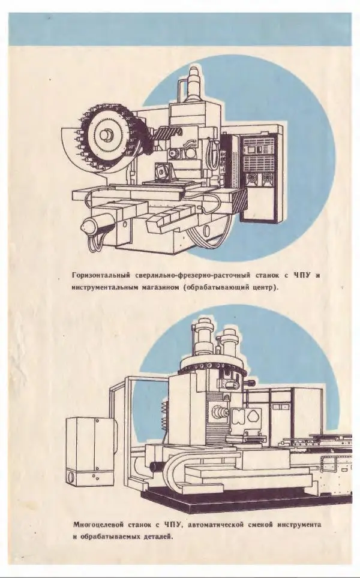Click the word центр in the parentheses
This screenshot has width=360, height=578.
click(x=263, y=288)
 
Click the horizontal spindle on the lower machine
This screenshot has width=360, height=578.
click(x=218, y=413)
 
